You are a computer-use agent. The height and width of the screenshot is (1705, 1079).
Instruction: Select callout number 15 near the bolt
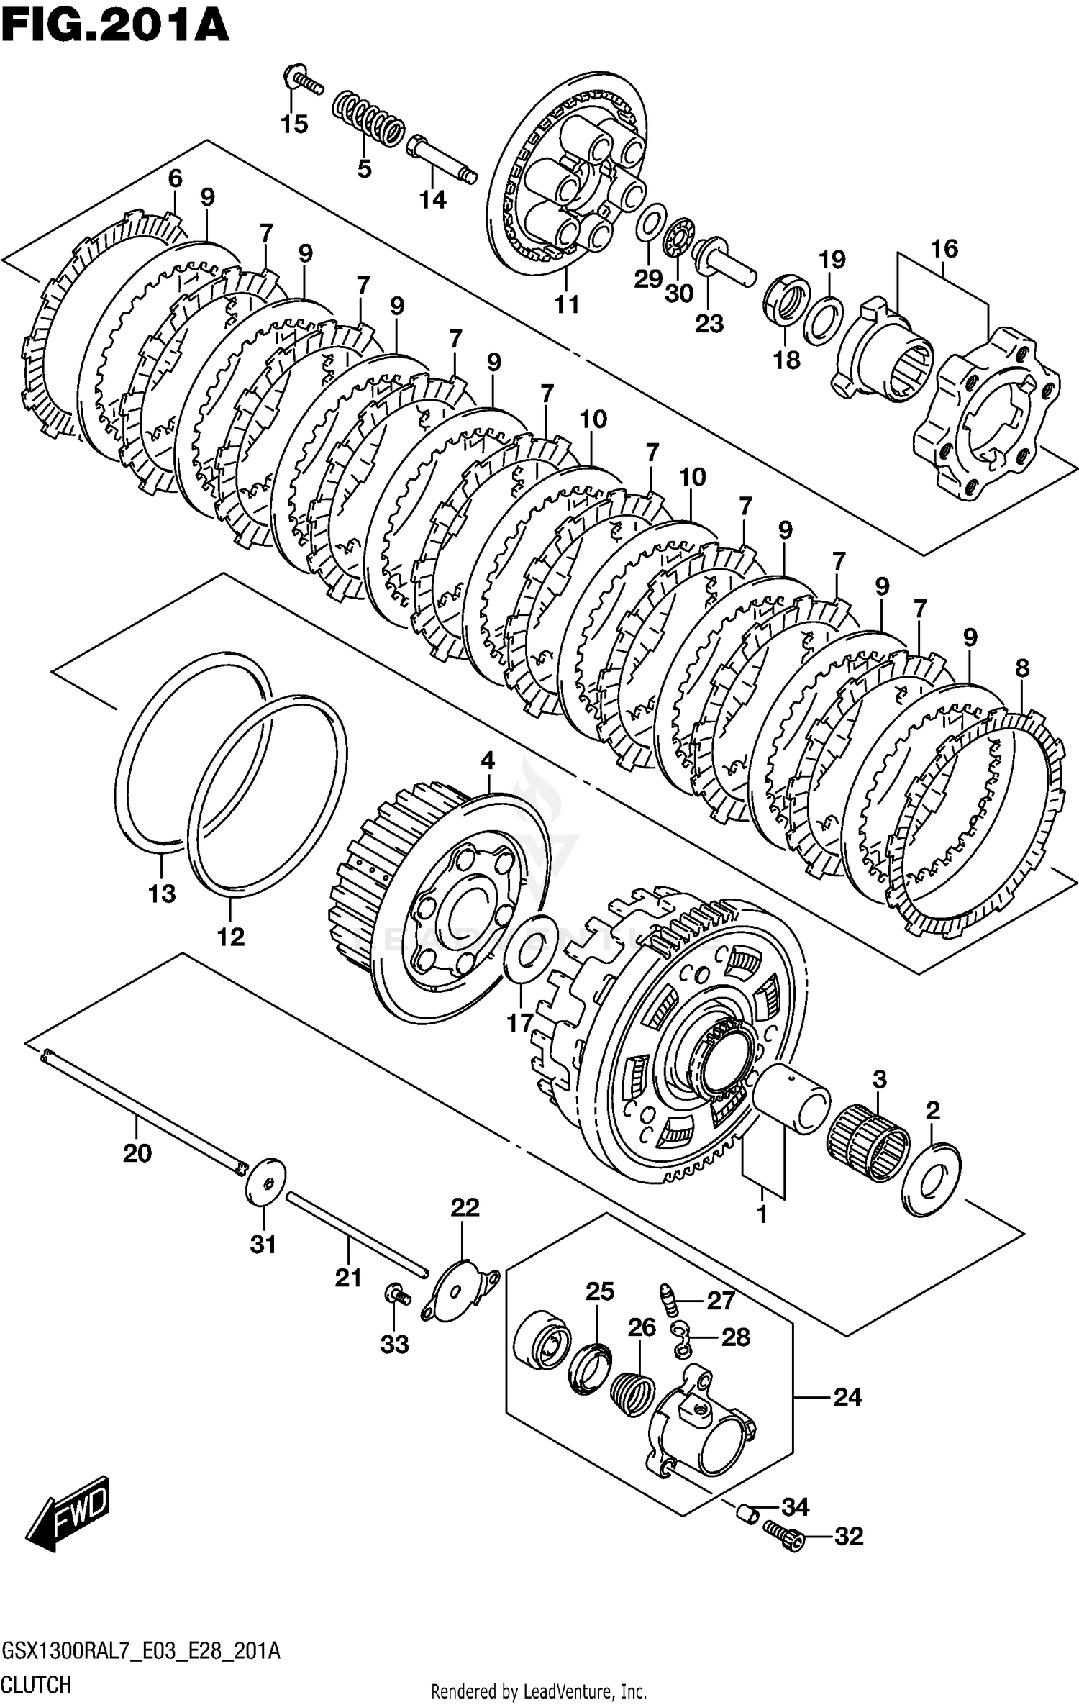pyautogui.click(x=294, y=124)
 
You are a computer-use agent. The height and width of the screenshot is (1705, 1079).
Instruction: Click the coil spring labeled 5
pyautogui.click(x=368, y=119)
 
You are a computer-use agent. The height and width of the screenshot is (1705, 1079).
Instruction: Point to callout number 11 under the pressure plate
pyautogui.click(x=566, y=304)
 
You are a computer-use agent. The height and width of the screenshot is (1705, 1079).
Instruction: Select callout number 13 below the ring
pyautogui.click(x=162, y=894)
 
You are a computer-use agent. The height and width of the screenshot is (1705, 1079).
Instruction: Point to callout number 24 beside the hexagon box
pyautogui.click(x=847, y=1396)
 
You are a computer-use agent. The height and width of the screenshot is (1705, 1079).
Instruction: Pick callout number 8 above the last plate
pyautogui.click(x=1022, y=668)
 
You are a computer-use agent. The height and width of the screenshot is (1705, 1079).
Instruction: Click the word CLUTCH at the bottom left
pyautogui.click(x=37, y=1685)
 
